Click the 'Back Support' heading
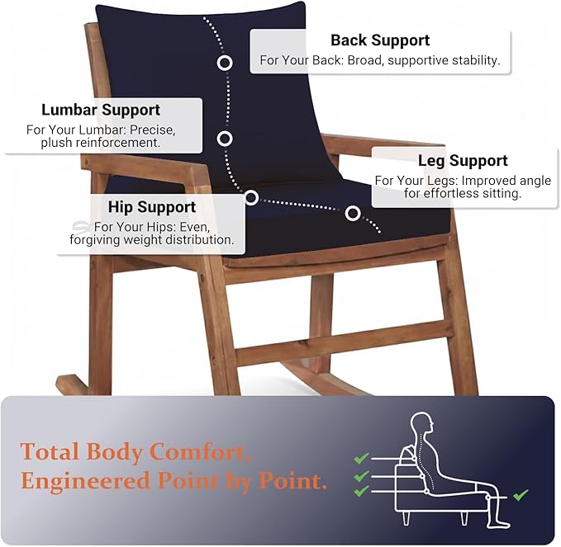[380, 40]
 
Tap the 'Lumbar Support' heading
[101, 110]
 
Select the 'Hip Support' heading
[152, 207]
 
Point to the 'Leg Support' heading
[463, 160]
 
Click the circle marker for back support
[225, 63]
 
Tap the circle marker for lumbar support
[225, 139]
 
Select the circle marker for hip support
[251, 197]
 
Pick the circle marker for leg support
[353, 214]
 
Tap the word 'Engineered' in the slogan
[85, 481]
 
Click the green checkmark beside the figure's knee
[521, 495]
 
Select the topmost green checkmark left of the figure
[361, 458]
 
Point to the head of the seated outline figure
[422, 425]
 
